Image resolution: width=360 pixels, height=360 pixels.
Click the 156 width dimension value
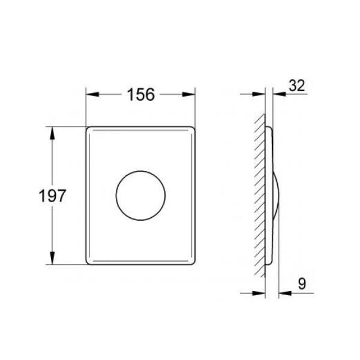[x=141, y=95]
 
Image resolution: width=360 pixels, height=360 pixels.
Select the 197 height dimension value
[x=52, y=196]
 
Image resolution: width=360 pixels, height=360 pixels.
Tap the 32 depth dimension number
[x=297, y=86]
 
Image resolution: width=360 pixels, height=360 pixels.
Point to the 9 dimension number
[x=302, y=284]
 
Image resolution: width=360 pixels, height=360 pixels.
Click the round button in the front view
[x=140, y=196]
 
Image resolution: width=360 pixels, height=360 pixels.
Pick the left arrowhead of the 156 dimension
[x=92, y=94]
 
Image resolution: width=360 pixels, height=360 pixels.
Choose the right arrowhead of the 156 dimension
[x=188, y=94]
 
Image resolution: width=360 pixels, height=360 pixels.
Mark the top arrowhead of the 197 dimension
[x=52, y=133]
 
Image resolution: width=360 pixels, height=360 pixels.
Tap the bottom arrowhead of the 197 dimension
[x=52, y=258]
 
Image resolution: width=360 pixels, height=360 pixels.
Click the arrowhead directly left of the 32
[x=280, y=94]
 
